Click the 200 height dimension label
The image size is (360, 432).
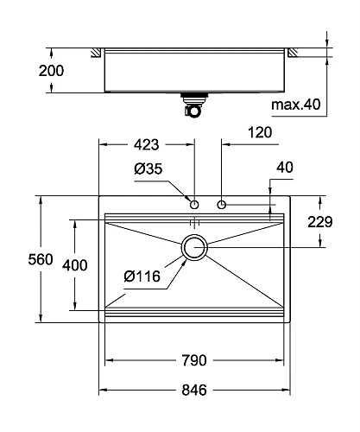[x=51, y=71]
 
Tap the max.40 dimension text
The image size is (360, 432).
[x=295, y=105]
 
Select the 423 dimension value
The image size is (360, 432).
[x=146, y=144]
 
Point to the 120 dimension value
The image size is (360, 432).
[x=260, y=132]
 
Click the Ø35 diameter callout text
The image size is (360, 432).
[x=148, y=168]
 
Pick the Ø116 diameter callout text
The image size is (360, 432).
[x=142, y=276]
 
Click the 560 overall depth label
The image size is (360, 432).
[x=41, y=259]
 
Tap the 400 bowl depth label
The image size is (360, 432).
[x=75, y=265]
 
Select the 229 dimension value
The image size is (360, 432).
[x=320, y=222]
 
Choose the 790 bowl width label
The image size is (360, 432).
[x=194, y=360]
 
